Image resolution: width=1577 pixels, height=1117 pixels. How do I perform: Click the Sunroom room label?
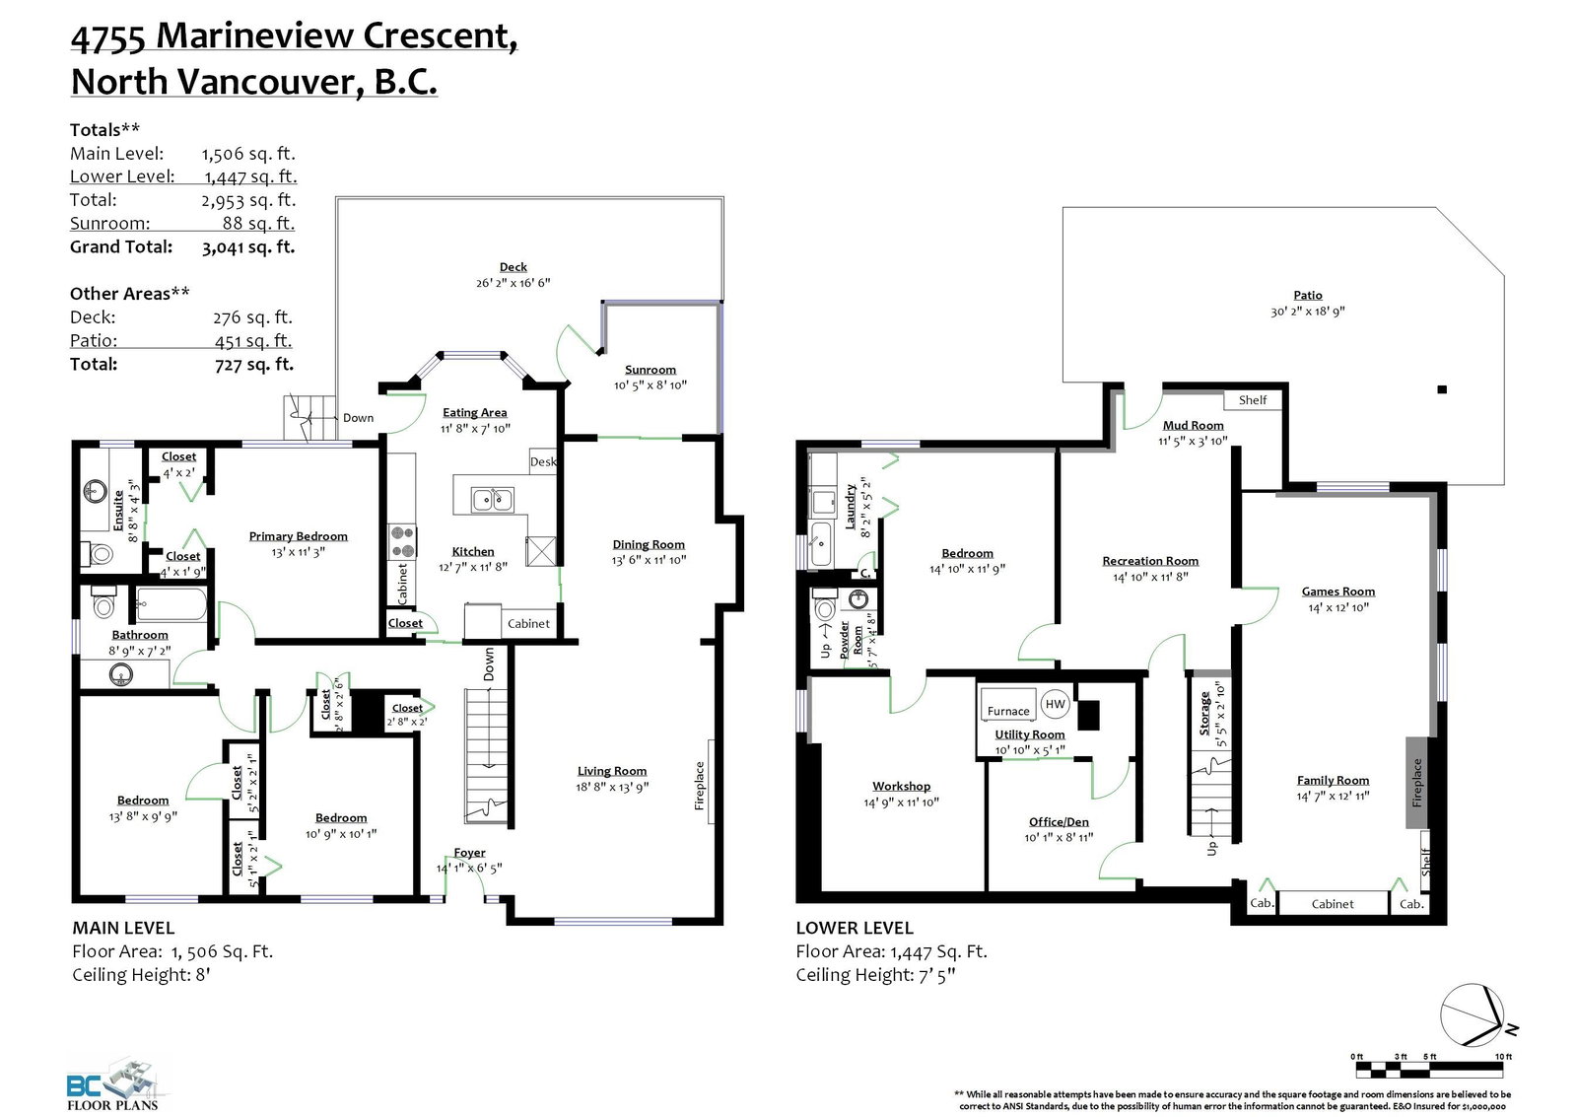pyautogui.click(x=650, y=370)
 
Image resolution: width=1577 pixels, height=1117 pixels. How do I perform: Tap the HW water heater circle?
pyautogui.click(x=1055, y=704)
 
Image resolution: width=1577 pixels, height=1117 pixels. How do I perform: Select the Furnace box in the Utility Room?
pyautogui.click(x=1008, y=704)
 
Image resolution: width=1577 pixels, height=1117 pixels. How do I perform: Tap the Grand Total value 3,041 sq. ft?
pyautogui.click(x=248, y=247)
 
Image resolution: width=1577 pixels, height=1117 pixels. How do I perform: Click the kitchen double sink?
pyautogui.click(x=492, y=500)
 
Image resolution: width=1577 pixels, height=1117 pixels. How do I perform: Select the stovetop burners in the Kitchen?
pyautogui.click(x=403, y=542)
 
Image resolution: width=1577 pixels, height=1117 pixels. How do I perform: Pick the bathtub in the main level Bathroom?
pyautogui.click(x=171, y=604)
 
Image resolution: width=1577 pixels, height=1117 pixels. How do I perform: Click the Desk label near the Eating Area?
pyautogui.click(x=543, y=462)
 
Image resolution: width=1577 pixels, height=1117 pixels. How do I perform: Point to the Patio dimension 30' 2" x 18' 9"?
pyautogui.click(x=1307, y=312)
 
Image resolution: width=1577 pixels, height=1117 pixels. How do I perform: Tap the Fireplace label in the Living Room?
pyautogui.click(x=699, y=786)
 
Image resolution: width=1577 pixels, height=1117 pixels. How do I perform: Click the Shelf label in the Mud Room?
pyautogui.click(x=1253, y=400)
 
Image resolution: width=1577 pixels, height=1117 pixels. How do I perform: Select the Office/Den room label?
pyautogui.click(x=1059, y=822)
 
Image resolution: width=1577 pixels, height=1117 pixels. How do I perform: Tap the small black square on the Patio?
pyautogui.click(x=1442, y=389)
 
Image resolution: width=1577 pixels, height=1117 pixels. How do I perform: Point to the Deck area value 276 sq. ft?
pyautogui.click(x=252, y=317)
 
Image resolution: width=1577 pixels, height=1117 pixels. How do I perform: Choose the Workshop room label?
pyautogui.click(x=901, y=786)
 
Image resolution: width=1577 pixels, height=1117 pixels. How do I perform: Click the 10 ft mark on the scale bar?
pyautogui.click(x=1502, y=1057)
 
